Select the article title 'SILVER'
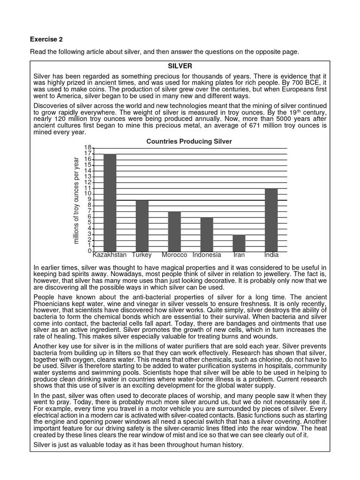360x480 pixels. point(180,66)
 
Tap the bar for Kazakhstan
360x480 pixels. point(110,202)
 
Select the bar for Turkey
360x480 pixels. point(142,225)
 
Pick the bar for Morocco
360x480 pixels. point(174,232)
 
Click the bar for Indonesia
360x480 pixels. point(207,234)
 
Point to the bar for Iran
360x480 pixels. point(239,243)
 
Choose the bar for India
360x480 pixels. point(271,220)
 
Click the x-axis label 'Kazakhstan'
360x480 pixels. point(110,255)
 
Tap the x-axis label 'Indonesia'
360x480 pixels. point(207,255)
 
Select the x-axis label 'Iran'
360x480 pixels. point(239,255)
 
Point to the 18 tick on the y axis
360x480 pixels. point(87,148)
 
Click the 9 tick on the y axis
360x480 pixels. point(89,200)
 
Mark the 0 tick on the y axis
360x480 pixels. point(89,251)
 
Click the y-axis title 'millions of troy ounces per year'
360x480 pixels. point(76,200)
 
